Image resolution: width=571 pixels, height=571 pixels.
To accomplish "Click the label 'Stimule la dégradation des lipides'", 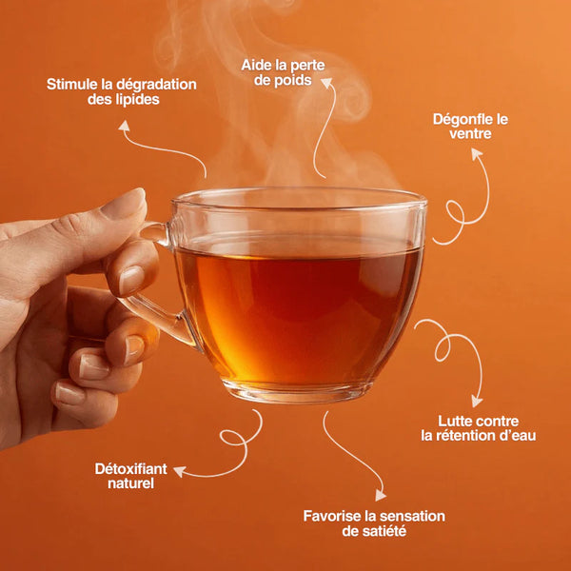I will pos(122,92).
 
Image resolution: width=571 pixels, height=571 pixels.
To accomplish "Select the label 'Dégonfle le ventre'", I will pos(470,127).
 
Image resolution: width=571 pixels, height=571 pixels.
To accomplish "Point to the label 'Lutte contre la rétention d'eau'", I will pos(479,427).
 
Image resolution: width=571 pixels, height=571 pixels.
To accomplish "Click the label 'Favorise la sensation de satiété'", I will pos(374,522).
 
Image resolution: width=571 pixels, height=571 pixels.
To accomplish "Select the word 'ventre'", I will pos(470,135).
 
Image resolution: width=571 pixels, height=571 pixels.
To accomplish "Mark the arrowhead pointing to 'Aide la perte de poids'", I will pos(330,83).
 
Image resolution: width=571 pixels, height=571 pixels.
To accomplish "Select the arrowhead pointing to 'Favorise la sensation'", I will pos(381,495).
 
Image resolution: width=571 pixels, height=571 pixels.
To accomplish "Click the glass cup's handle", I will pos(152,285).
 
